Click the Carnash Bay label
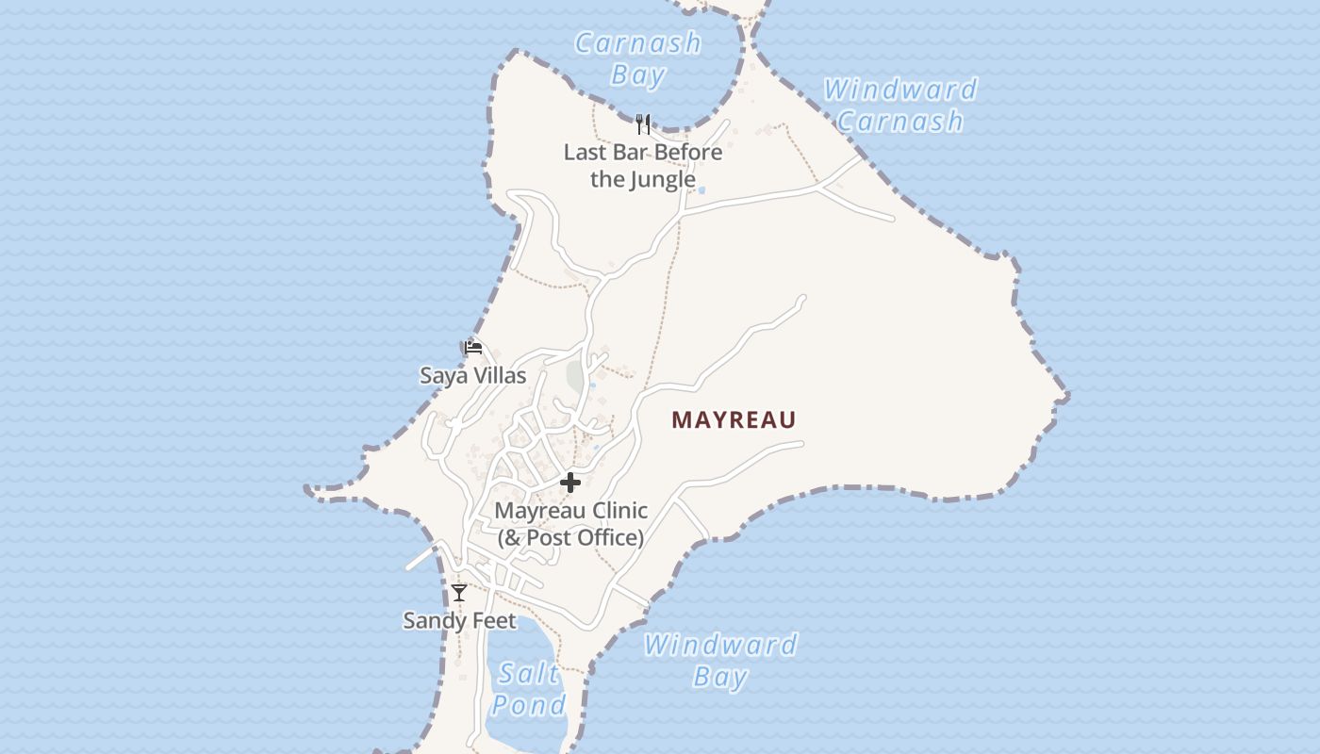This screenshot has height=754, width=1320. (x=638, y=58)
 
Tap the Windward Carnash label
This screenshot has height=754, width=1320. (x=899, y=105)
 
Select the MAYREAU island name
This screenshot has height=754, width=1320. (x=734, y=420)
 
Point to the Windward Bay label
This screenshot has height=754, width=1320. (x=720, y=661)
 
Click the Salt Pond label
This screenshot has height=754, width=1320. (x=528, y=689)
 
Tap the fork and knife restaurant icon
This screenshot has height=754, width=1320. (x=643, y=124)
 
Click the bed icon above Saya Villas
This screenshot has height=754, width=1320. (x=473, y=348)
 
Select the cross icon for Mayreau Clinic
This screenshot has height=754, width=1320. (x=569, y=483)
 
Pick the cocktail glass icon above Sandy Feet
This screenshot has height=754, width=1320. (x=459, y=593)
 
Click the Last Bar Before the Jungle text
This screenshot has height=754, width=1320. (x=643, y=165)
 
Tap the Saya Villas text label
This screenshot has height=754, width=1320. (x=472, y=375)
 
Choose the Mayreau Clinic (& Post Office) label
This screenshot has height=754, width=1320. (x=571, y=524)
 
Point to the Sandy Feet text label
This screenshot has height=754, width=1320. (x=459, y=620)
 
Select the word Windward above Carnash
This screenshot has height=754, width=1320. (x=899, y=90)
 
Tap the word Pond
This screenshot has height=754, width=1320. (x=528, y=704)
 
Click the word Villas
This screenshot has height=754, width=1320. (x=500, y=375)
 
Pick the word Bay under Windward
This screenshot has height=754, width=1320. (x=720, y=676)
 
